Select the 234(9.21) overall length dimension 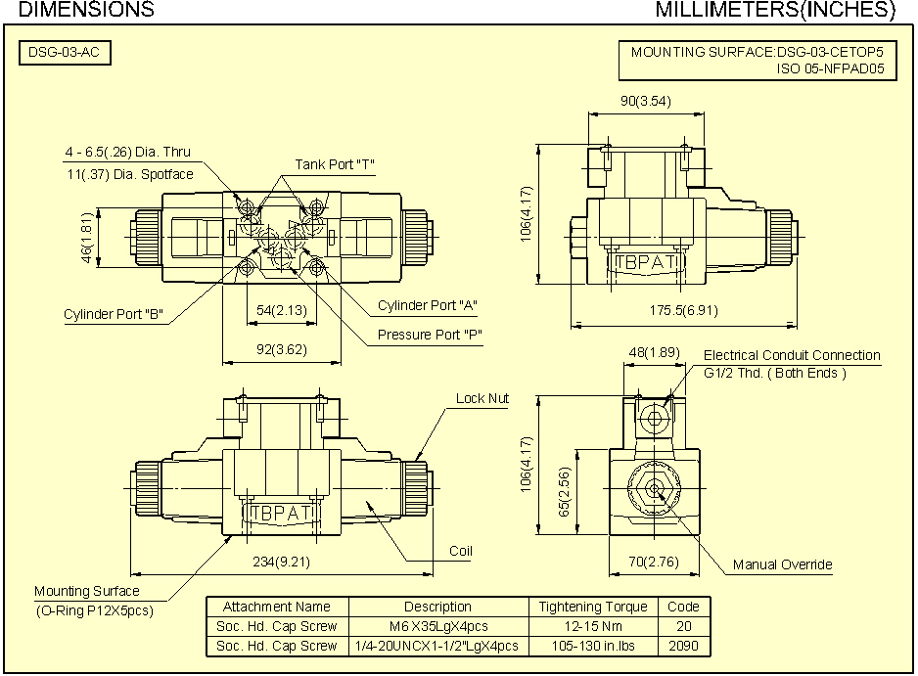(280, 563)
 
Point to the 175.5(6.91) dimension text (683, 310)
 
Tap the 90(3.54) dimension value (646, 101)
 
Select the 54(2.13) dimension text (282, 310)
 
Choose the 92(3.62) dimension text (282, 348)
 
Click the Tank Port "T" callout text (336, 164)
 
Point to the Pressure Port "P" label (431, 336)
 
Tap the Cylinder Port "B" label (113, 315)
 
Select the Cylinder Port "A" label (428, 305)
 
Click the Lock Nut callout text (482, 398)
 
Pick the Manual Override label (782, 564)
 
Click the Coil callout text (461, 551)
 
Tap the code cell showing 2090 (683, 646)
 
